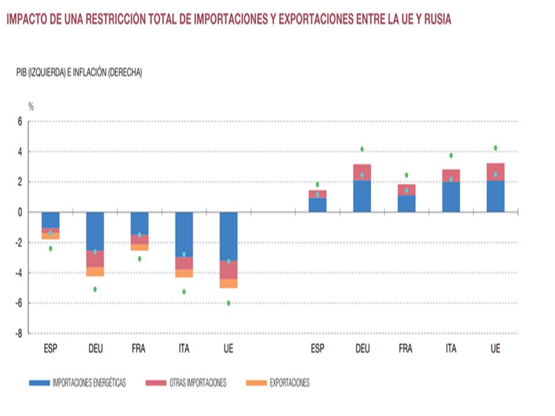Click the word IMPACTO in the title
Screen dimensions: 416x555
[x=25, y=20]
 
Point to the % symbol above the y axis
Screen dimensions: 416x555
[x=31, y=106]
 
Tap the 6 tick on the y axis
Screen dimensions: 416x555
[x=20, y=122]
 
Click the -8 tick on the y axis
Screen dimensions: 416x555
[x=18, y=333]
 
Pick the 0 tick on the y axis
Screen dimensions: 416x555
[x=20, y=213]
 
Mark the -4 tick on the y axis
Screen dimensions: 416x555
[x=18, y=273]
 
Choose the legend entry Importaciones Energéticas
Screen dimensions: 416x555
[x=77, y=382]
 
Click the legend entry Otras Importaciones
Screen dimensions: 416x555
[x=186, y=382]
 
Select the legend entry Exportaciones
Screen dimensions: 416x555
[x=277, y=382]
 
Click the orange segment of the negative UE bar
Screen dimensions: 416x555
[x=228, y=284]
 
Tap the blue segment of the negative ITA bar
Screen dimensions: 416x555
[x=184, y=234]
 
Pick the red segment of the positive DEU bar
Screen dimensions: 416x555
[x=362, y=172]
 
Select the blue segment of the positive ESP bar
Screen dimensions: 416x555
[x=317, y=205]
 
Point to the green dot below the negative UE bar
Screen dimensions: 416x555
[x=228, y=303]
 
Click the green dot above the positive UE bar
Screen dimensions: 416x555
[x=495, y=148]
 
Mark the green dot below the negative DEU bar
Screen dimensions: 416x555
[x=95, y=289]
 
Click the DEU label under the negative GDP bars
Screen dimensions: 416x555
[x=95, y=349]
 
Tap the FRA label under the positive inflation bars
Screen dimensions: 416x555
[x=406, y=349]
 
